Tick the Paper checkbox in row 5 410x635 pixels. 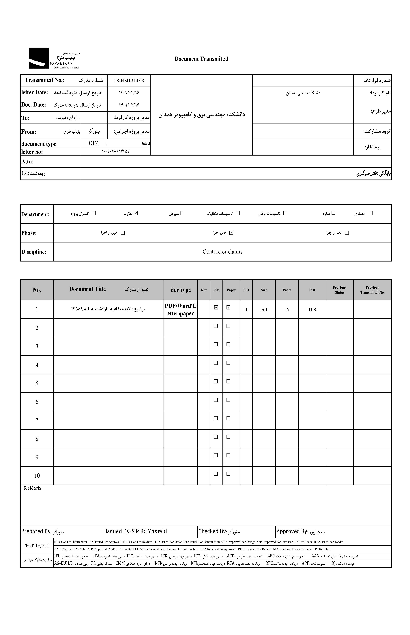coord(228,381)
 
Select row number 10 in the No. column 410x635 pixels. coord(37,476)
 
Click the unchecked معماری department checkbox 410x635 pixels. coord(370,213)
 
